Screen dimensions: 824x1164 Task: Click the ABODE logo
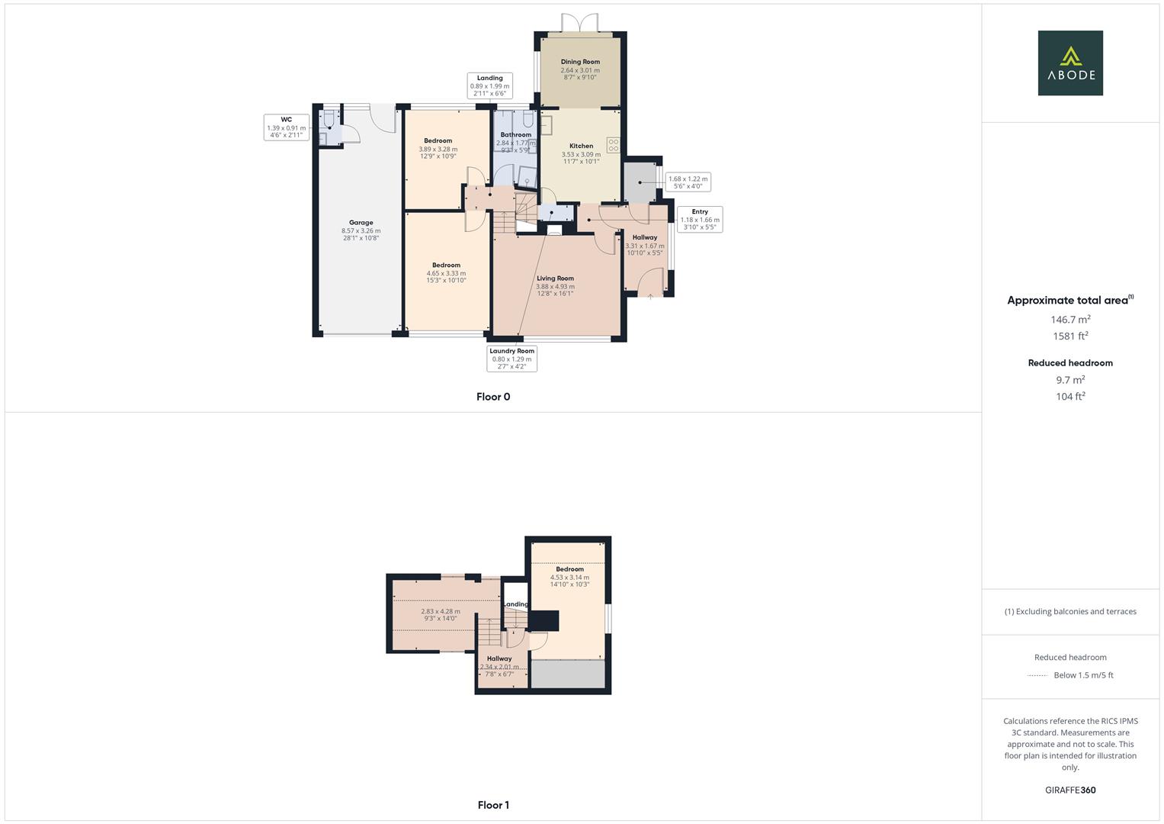[1069, 63]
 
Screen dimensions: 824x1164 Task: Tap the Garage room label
[361, 223]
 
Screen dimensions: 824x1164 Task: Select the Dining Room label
[580, 62]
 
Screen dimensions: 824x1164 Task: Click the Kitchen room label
[581, 146]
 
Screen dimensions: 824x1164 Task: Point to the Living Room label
[555, 278]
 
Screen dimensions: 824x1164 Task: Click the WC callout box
[286, 127]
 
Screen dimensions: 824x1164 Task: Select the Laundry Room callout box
[511, 359]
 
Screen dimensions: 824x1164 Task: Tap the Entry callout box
[700, 219]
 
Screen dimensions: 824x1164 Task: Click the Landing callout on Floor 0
[489, 85]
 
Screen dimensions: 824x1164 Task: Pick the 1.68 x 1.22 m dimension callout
[688, 182]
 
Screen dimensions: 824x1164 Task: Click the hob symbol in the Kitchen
[613, 144]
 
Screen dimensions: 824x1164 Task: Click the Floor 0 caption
[493, 397]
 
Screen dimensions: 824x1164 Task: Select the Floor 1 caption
[493, 805]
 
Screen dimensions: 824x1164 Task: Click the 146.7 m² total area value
[1070, 320]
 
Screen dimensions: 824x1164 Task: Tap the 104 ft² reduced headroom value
[1070, 397]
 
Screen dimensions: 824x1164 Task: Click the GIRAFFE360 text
[1070, 790]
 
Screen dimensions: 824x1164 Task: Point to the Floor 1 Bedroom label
[569, 569]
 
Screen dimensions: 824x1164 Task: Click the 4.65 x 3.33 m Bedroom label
[446, 266]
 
